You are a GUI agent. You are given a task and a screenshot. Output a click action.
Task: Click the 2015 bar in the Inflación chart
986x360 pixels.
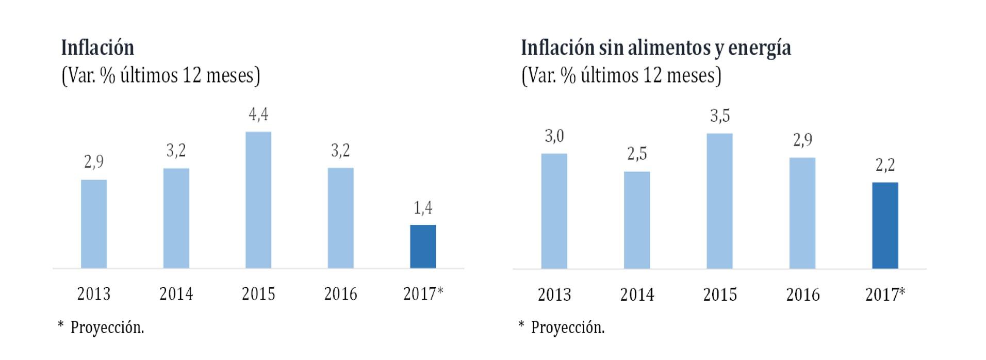coord(258,200)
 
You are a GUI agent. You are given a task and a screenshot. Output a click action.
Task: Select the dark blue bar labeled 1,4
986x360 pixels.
coord(423,247)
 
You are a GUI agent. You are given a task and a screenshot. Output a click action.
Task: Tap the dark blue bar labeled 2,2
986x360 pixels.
coord(885,225)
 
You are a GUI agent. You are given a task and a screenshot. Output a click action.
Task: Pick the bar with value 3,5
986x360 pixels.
coord(719,201)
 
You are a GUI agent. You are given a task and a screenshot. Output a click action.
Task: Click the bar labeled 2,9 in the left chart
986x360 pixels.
coord(94,224)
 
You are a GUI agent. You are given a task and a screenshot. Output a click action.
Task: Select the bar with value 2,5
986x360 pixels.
coord(637,220)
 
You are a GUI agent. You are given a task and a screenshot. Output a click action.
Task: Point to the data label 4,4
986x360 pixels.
coord(258,114)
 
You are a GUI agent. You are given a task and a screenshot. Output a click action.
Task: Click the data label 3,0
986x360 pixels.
coord(554,136)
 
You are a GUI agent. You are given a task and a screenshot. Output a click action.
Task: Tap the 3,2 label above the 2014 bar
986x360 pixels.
coord(176,151)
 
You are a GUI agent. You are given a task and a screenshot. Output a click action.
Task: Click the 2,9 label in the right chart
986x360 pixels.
coord(802,140)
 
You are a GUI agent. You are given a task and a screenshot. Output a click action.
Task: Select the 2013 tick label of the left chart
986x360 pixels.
coord(94,294)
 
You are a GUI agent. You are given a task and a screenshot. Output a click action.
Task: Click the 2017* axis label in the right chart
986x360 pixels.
coord(885,294)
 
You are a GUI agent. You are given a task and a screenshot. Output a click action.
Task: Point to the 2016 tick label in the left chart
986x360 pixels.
coord(340,294)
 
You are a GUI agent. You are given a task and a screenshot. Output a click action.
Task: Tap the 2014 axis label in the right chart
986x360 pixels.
coord(637,294)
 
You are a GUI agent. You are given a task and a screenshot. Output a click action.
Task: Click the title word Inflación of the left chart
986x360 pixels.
coord(97,47)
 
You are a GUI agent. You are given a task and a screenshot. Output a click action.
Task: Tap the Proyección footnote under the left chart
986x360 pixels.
coord(107,328)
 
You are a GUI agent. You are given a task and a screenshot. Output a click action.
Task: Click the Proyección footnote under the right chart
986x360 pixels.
coord(568,328)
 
